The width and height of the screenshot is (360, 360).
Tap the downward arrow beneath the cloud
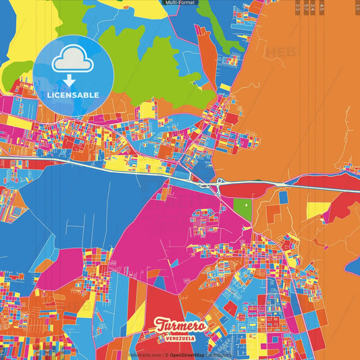click(x=69, y=80)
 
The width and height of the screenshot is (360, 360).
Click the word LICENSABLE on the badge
click(x=73, y=95)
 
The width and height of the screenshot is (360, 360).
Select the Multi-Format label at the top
click(x=180, y=3)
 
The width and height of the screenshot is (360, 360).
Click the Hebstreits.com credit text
click(x=143, y=355)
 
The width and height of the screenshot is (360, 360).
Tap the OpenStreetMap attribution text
click(x=188, y=355)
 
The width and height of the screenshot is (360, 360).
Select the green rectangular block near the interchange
click(x=241, y=208)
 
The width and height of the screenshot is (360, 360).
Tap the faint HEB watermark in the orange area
click(x=278, y=52)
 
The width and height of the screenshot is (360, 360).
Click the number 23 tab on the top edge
click(x=298, y=7)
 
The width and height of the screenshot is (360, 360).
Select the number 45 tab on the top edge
click(x=322, y=7)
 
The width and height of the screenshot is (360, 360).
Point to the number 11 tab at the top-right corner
click(x=356, y=7)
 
